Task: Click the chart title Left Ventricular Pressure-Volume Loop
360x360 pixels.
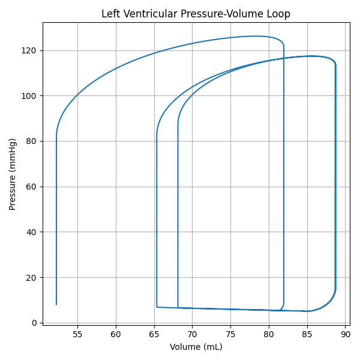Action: (x=196, y=14)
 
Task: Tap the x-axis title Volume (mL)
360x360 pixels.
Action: (x=196, y=347)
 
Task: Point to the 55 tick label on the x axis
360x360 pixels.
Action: (x=77, y=334)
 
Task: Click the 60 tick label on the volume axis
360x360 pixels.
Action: (x=116, y=334)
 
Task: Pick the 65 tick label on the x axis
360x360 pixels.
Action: (x=154, y=334)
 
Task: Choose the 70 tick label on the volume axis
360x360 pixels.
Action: (x=192, y=334)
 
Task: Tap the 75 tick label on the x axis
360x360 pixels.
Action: (x=230, y=334)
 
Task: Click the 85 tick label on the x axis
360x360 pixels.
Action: (x=307, y=334)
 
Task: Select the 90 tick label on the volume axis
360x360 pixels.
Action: (x=345, y=334)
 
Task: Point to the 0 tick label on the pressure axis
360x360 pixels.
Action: (x=35, y=323)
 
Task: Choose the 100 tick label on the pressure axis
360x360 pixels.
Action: (x=30, y=95)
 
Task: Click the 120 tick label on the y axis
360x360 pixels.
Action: (x=30, y=50)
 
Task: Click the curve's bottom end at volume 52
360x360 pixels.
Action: (x=56, y=305)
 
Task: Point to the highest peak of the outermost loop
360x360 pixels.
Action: (x=255, y=36)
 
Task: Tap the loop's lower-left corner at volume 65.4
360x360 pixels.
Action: (x=157, y=307)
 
